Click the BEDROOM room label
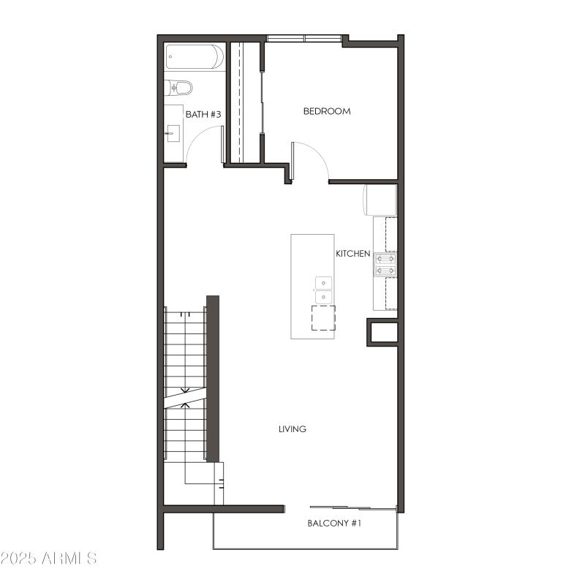[x=327, y=111]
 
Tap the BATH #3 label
[x=203, y=114]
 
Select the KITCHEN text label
[x=352, y=254]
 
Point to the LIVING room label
[x=292, y=429]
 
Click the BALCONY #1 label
[x=334, y=524]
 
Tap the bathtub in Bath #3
[x=194, y=57]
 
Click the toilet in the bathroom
[x=178, y=88]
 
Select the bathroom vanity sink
[x=173, y=132]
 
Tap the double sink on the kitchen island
[x=322, y=290]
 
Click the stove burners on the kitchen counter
[x=385, y=264]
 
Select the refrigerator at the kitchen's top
[x=380, y=200]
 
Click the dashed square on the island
[x=322, y=318]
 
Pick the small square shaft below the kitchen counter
[x=383, y=333]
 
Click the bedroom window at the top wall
[x=303, y=38]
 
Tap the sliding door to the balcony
[x=353, y=507]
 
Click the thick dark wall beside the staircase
[x=213, y=378]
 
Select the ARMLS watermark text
[x=49, y=558]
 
